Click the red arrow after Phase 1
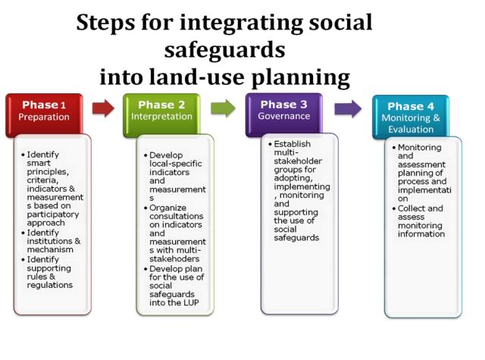(103, 108)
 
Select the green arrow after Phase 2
(223, 108)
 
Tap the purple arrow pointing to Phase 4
(348, 108)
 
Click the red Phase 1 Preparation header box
(44, 115)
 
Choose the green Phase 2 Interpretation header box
(161, 115)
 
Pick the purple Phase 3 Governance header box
(284, 114)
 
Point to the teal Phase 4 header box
(411, 117)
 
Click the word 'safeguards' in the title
(224, 50)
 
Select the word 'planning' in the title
(301, 77)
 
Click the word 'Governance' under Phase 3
(284, 116)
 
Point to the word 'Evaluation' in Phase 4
(411, 130)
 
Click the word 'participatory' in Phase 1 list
(53, 214)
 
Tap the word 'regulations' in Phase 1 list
(50, 285)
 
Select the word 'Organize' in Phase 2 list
(167, 208)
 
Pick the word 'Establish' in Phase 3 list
(292, 144)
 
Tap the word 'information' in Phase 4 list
(421, 234)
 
